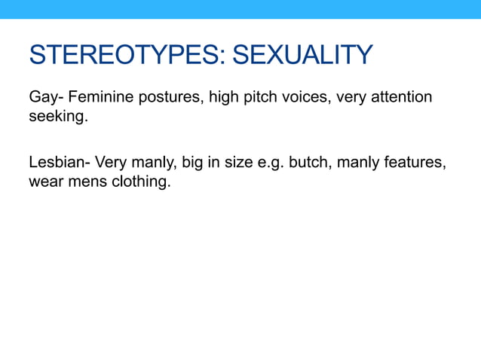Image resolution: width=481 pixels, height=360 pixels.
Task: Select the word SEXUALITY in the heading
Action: pyautogui.click(x=302, y=55)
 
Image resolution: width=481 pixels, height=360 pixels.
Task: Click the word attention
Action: pyautogui.click(x=403, y=97)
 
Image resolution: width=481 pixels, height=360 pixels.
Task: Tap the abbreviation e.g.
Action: pyautogui.click(x=270, y=163)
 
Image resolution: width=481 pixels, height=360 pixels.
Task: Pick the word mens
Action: pyautogui.click(x=87, y=182)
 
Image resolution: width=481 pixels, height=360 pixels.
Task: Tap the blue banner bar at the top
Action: pyautogui.click(x=240, y=9)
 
